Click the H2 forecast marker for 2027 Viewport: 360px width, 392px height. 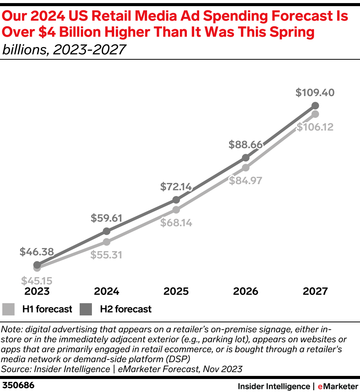pyautogui.click(x=315, y=106)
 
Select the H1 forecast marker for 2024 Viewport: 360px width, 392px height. pyautogui.click(x=106, y=242)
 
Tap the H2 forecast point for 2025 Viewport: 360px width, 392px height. pyautogui.click(x=176, y=200)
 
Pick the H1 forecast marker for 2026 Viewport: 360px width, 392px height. pyautogui.click(x=245, y=167)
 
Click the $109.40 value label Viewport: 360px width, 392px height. pyautogui.click(x=315, y=92)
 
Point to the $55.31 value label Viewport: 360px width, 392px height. pyautogui.click(x=106, y=255)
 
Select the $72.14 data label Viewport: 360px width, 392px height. pyautogui.click(x=176, y=187)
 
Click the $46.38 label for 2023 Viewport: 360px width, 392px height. pyautogui.click(x=37, y=252)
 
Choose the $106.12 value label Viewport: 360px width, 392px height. pyautogui.click(x=315, y=126)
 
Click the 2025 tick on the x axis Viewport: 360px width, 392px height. pyautogui.click(x=176, y=291)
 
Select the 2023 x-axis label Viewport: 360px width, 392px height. pyautogui.click(x=37, y=291)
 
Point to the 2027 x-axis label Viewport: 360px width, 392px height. pyautogui.click(x=315, y=291)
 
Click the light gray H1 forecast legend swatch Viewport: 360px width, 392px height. pyautogui.click(x=9, y=309)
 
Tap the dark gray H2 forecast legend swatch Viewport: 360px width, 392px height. pyautogui.click(x=86, y=309)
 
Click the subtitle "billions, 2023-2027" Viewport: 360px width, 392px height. pyautogui.click(x=64, y=49)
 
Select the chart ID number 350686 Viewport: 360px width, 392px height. pyautogui.click(x=18, y=385)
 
